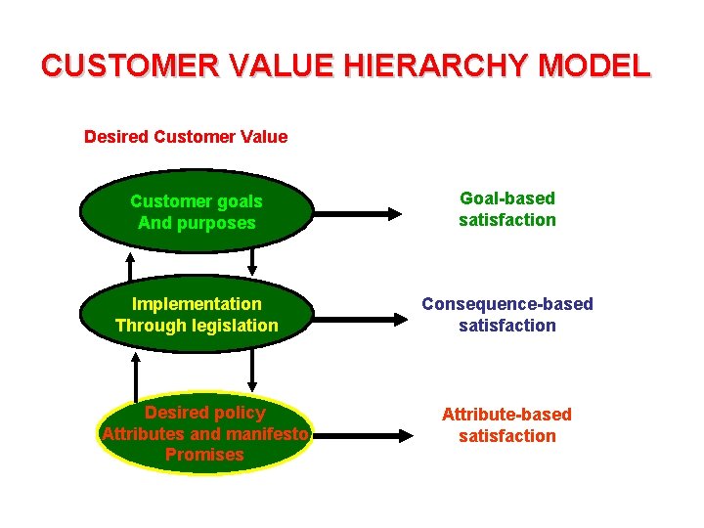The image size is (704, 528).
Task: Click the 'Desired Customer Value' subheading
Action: [186, 137]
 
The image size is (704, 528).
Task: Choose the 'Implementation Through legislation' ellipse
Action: [197, 315]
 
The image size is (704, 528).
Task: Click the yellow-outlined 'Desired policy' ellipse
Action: [204, 434]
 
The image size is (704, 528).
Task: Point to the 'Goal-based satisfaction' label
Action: [506, 209]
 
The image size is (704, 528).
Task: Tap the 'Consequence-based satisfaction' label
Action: [506, 315]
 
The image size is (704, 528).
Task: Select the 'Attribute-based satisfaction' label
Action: [506, 425]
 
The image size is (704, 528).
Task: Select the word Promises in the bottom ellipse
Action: [204, 455]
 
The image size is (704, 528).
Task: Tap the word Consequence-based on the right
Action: [506, 304]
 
